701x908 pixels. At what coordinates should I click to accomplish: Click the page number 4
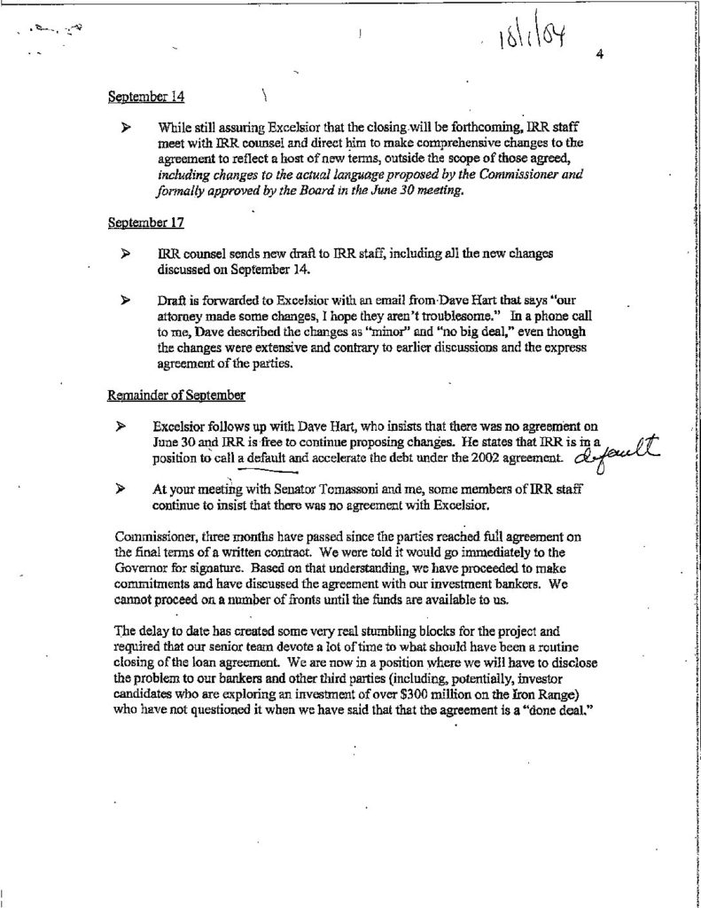click(x=599, y=55)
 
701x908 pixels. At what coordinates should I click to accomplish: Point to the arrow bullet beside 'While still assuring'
click(x=129, y=128)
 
